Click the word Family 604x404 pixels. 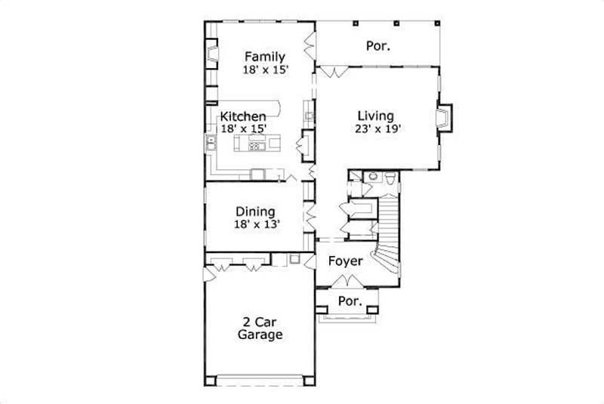coord(263,56)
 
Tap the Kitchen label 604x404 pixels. coord(242,116)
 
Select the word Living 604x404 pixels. coord(375,116)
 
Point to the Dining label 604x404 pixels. coord(254,211)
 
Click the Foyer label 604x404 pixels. coord(346,261)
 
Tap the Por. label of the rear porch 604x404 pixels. coord(377,45)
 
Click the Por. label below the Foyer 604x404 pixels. coord(349,301)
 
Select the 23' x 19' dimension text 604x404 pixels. coord(375,128)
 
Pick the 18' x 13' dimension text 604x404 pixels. coord(255,224)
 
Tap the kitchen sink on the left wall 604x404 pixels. coord(211,146)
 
